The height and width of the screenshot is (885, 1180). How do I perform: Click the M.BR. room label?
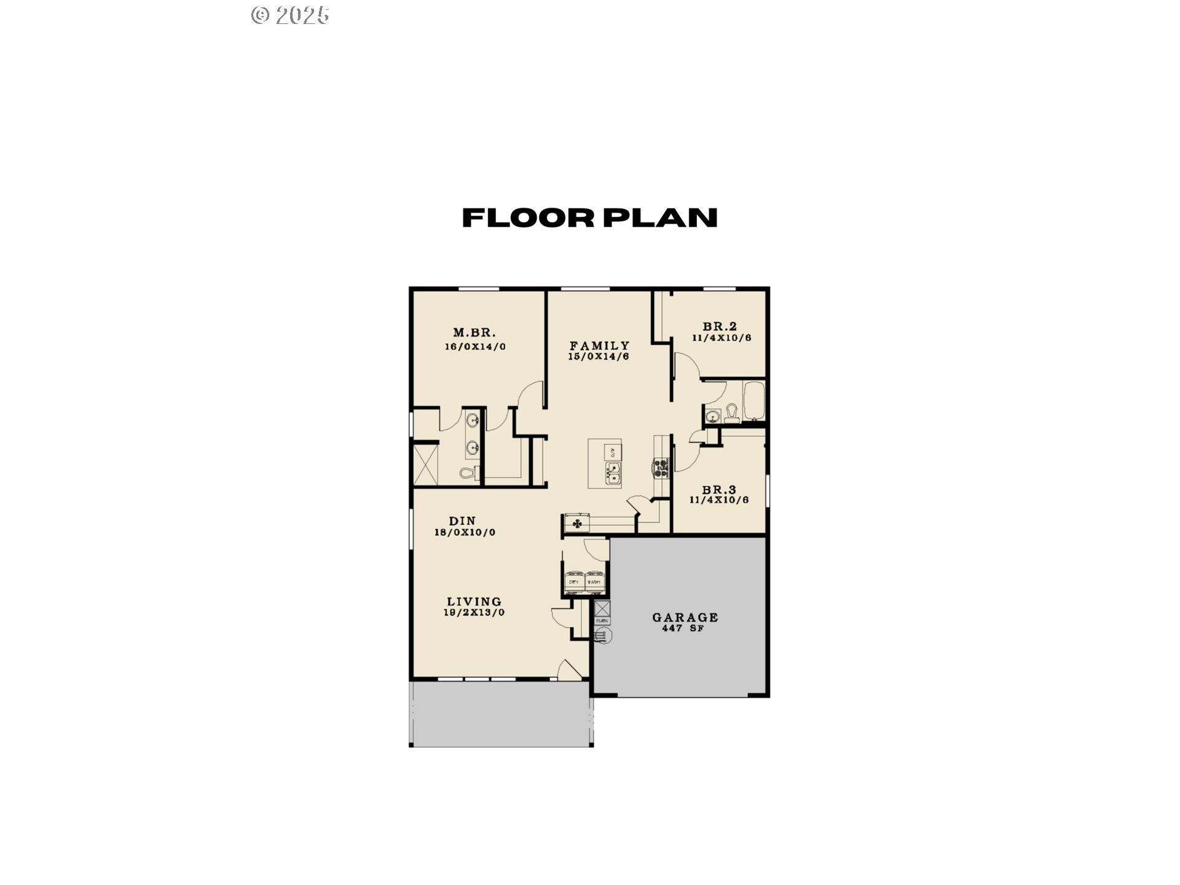474,332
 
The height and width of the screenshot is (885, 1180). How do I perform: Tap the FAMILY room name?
599,345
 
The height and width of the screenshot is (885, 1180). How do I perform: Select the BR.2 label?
720,326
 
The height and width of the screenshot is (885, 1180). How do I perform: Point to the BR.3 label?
719,490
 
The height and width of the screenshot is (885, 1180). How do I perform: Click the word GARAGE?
685,617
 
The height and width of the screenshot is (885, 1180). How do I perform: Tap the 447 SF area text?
683,629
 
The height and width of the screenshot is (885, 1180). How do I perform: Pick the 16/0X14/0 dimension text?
475,347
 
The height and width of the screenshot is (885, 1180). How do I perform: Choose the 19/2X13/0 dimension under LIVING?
474,613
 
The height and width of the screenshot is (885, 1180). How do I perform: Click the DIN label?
462,521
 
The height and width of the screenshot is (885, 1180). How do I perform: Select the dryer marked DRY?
575,581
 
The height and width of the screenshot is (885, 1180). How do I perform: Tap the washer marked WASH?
594,581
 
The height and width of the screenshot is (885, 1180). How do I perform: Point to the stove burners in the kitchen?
661,468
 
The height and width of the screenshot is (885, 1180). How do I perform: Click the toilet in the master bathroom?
467,473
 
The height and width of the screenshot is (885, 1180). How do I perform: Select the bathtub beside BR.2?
753,401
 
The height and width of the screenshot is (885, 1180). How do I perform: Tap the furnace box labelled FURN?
602,621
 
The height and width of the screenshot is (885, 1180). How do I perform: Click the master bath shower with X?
425,465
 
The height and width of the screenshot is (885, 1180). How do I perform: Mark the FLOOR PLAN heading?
589,218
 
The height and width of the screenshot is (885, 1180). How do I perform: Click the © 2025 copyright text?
290,15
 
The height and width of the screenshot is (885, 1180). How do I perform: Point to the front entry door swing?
567,669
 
